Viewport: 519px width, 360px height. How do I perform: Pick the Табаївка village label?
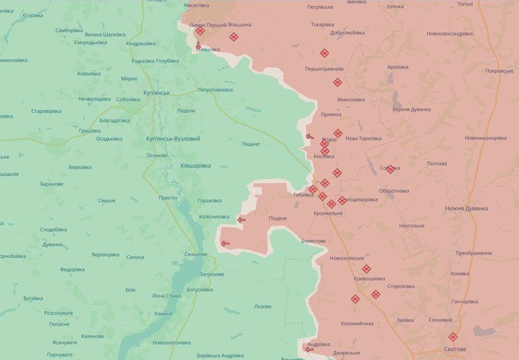click(303, 194)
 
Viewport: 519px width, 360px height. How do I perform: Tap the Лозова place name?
click(262, 307)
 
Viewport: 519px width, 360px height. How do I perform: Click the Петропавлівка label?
click(215, 90)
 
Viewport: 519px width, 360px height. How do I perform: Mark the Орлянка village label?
click(331, 114)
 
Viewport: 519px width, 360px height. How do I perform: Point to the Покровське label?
click(499, 71)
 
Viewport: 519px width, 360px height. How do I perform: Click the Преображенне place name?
click(473, 253)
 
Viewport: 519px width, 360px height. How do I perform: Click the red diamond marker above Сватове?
click(453, 337)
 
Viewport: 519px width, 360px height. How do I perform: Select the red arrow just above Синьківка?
click(198, 44)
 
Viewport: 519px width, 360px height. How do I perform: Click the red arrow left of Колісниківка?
click(241, 220)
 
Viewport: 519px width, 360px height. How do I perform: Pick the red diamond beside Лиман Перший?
click(201, 31)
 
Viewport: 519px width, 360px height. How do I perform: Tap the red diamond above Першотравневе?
click(325, 53)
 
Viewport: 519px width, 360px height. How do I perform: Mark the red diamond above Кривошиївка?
click(366, 269)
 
